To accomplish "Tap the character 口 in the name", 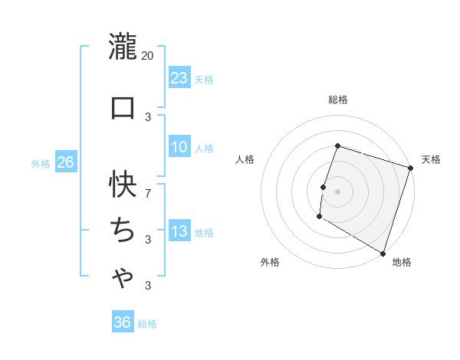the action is point(123,107).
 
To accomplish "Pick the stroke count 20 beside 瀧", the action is point(148,56).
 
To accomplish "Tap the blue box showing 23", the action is point(179,77).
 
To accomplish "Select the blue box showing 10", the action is point(179,147).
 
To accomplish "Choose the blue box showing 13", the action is point(179,231).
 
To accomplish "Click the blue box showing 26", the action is point(65,162).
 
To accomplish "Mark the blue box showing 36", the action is point(122,322).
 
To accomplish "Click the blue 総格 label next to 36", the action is point(147,324).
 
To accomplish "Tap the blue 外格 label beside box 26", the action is point(41,163).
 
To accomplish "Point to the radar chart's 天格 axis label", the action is point(431,159).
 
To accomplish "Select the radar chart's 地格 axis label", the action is point(402,262).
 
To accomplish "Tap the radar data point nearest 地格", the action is point(383,253).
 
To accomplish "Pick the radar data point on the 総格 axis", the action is point(337,146).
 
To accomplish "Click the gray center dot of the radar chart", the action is point(337,191).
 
